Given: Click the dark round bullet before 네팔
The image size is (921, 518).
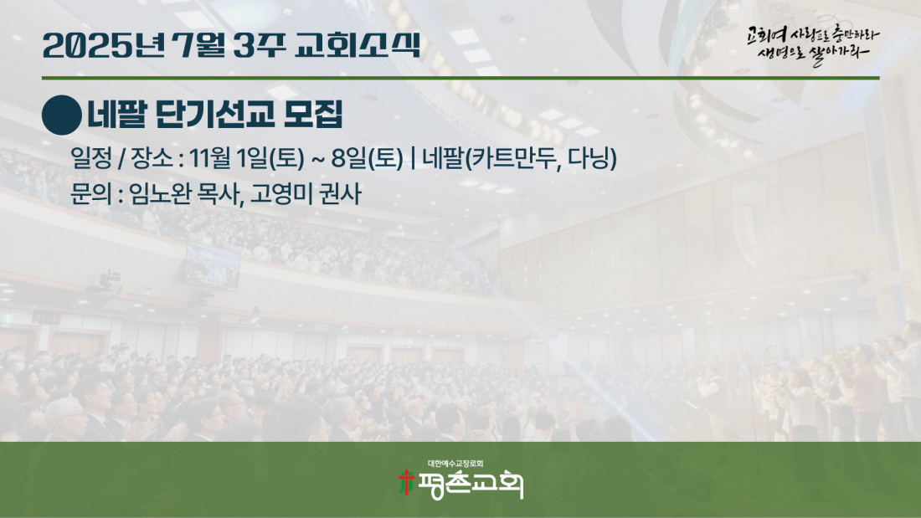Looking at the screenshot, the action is pyautogui.click(x=62, y=115).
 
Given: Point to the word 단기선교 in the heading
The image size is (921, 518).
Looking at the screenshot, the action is pyautogui.click(x=215, y=115).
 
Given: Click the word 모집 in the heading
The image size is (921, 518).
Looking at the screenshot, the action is pyautogui.click(x=313, y=115).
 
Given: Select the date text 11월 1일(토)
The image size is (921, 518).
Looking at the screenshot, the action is pyautogui.click(x=247, y=158).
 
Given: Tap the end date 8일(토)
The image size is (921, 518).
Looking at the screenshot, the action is pyautogui.click(x=368, y=158).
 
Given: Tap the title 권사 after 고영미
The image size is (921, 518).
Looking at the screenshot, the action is pyautogui.click(x=339, y=194).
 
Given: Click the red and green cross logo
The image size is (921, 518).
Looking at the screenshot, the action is pyautogui.click(x=406, y=482).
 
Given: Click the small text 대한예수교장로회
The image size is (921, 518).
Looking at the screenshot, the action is pyautogui.click(x=455, y=464).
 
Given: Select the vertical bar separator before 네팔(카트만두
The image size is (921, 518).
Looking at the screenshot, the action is pyautogui.click(x=414, y=158).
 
